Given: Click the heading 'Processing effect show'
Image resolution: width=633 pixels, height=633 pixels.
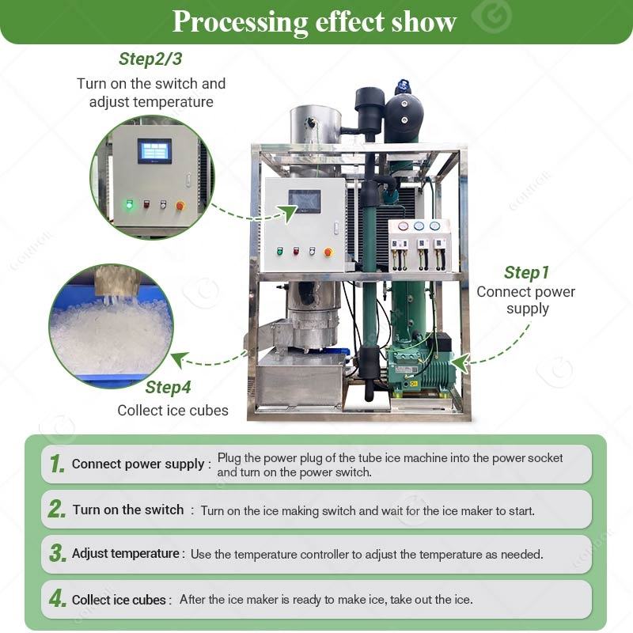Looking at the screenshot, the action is [314, 22].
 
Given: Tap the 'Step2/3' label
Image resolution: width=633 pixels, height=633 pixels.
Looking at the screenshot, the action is [150, 59].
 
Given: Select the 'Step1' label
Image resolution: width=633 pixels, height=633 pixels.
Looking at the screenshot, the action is [526, 272].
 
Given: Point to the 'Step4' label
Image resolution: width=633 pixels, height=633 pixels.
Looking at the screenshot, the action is [168, 387].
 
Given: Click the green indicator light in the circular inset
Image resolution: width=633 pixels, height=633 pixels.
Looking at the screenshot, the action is [129, 204].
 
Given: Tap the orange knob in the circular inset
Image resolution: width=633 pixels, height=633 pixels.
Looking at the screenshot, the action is [180, 206].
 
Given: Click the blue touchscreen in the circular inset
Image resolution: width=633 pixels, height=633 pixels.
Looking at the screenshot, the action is [154, 151].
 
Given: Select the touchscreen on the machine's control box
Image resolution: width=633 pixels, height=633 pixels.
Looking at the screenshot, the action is [305, 202].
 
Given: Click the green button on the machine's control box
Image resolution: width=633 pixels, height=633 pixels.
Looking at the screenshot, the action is [280, 251].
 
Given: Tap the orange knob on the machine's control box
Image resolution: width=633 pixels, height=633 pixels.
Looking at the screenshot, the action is [328, 252].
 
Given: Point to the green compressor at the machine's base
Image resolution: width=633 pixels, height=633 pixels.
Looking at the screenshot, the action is [419, 366].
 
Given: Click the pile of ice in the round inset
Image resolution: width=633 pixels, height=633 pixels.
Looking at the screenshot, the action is [111, 335].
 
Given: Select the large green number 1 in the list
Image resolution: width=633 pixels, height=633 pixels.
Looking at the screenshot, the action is [57, 464].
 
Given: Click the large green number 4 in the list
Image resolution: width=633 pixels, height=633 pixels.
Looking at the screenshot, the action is [57, 598].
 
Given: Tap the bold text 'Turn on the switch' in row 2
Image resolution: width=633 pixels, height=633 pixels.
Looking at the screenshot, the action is [128, 510].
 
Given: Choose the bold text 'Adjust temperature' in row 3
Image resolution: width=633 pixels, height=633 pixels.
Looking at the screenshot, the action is [126, 553].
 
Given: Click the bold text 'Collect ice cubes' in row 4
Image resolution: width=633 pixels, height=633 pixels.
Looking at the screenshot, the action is [119, 600].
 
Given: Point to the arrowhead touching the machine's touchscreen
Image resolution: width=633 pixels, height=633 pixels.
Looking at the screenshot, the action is [287, 213].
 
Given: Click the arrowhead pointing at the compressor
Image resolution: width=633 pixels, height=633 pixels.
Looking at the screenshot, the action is [460, 363].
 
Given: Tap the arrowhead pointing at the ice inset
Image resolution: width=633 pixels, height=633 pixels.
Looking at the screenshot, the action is [180, 358].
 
